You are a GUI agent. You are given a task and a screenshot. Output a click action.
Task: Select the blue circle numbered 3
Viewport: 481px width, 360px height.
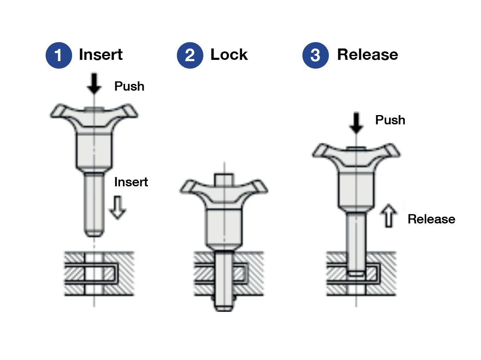pyautogui.click(x=315, y=55)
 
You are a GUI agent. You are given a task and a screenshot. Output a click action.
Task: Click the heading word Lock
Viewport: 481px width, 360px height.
pyautogui.click(x=229, y=55)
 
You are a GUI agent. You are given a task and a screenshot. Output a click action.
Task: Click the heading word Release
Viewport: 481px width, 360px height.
pyautogui.click(x=367, y=55)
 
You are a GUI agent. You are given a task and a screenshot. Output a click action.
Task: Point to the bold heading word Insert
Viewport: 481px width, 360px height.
pyautogui.click(x=101, y=55)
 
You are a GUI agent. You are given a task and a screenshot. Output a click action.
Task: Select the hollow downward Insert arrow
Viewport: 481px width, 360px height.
pyautogui.click(x=118, y=208)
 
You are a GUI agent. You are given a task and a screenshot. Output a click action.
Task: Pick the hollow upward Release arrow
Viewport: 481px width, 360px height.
pyautogui.click(x=388, y=215)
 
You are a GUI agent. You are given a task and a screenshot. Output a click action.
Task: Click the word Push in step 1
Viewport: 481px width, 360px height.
pyautogui.click(x=129, y=86)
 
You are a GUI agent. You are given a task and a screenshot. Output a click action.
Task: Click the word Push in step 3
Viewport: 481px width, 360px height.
pyautogui.click(x=390, y=120)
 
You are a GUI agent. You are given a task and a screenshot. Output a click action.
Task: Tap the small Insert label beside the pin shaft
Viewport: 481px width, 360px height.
pyautogui.click(x=131, y=182)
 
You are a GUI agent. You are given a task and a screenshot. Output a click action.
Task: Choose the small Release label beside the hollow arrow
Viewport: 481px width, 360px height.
pyautogui.click(x=431, y=219)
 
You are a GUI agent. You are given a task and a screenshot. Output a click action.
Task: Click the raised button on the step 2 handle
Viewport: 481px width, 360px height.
pyautogui.click(x=224, y=179)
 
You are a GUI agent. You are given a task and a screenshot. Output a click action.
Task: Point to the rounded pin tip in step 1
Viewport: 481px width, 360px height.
pyautogui.click(x=95, y=232)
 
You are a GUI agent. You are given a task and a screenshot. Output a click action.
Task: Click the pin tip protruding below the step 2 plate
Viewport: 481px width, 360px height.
pyautogui.click(x=224, y=305)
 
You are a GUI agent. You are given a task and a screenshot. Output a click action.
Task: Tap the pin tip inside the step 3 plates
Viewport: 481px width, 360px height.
pyautogui.click(x=357, y=273)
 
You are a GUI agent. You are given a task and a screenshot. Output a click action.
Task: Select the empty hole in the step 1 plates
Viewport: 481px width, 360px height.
pyautogui.click(x=95, y=273)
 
